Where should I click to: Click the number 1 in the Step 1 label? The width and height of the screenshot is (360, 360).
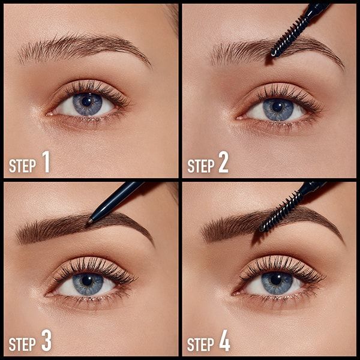pos(46,164)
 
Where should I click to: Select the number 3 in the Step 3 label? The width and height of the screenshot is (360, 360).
pos(46,342)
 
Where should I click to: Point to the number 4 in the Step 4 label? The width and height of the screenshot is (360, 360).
pos(224,342)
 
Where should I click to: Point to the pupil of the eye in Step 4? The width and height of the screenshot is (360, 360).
pos(276,279)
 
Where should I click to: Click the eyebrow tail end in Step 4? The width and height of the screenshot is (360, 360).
pos(341,239)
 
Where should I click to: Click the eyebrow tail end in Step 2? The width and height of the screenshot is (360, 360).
pos(341,65)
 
